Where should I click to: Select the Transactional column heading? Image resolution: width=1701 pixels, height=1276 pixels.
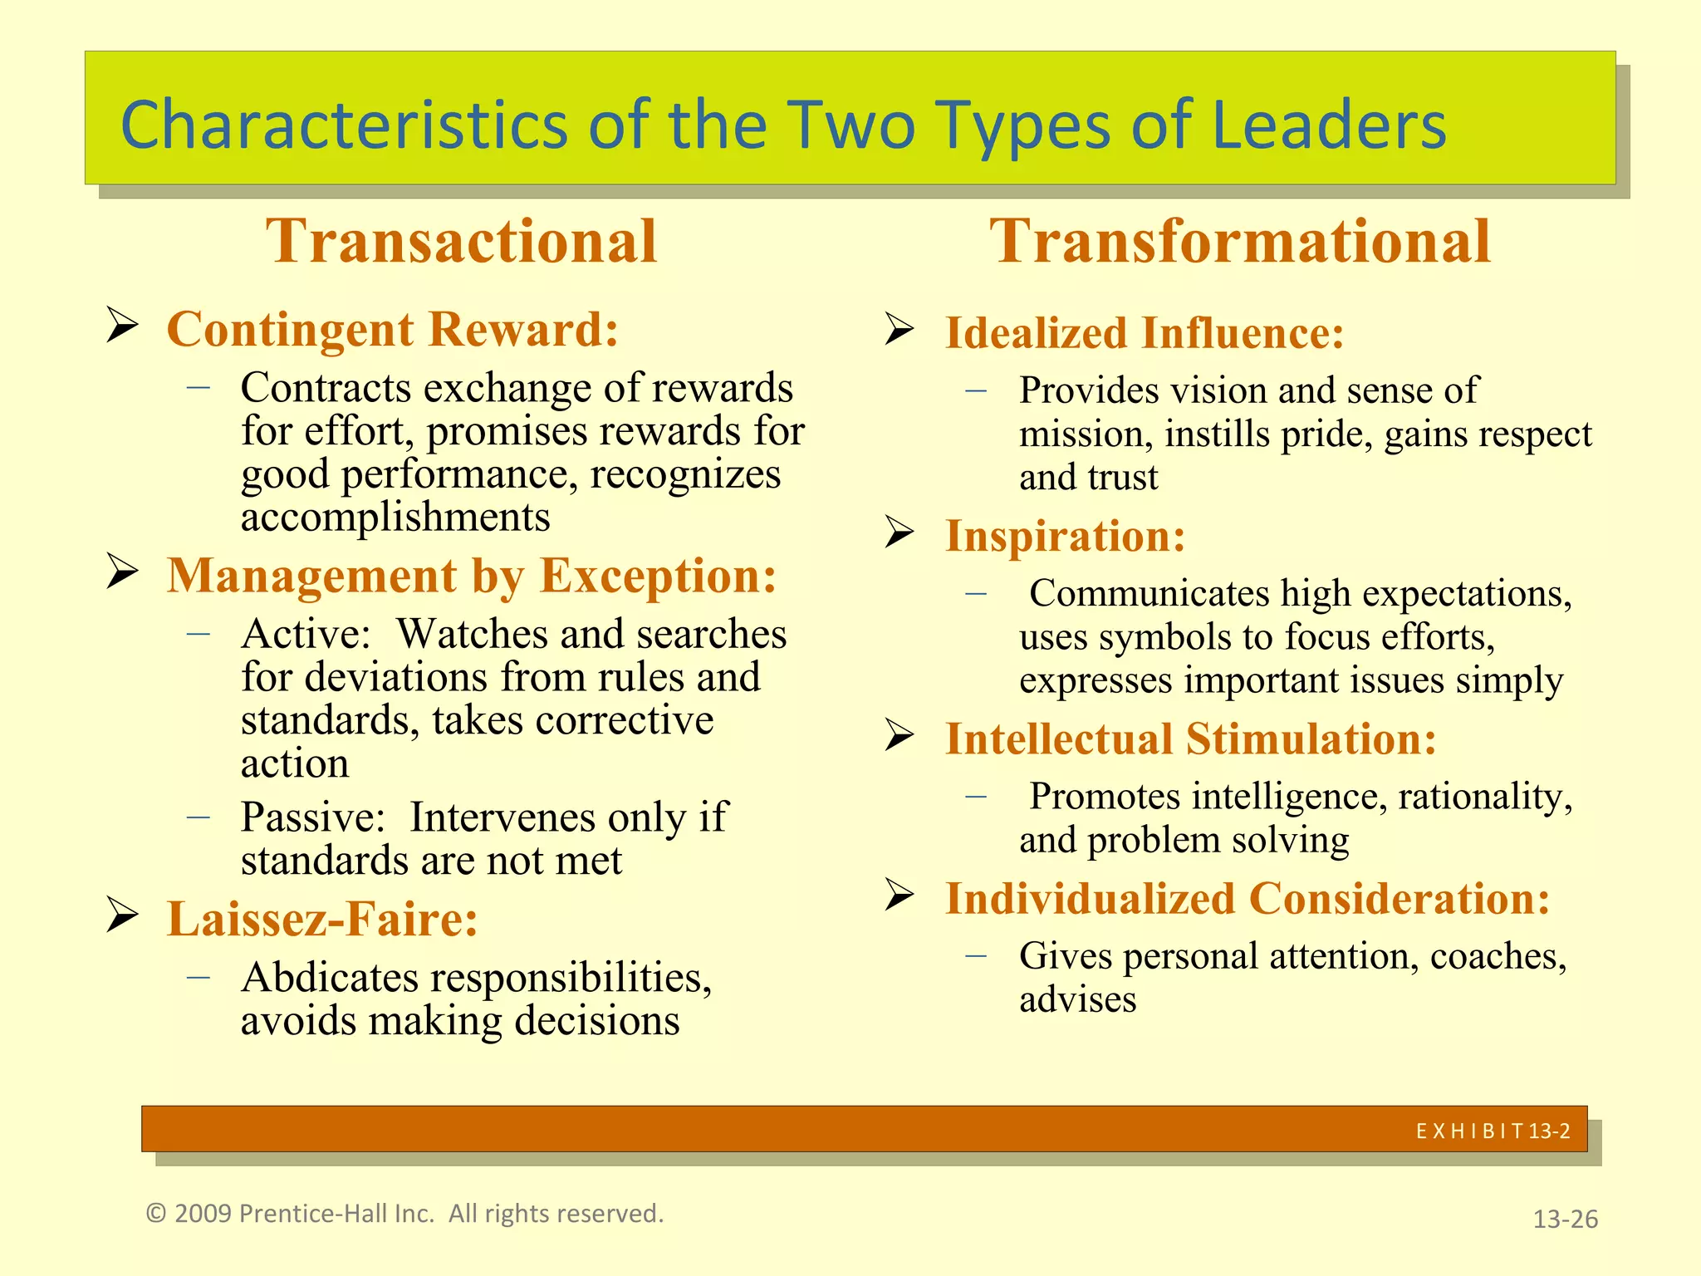[x=462, y=241]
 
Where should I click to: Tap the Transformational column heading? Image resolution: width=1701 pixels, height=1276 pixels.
[x=1240, y=241]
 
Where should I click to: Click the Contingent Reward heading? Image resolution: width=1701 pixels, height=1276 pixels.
[x=393, y=329]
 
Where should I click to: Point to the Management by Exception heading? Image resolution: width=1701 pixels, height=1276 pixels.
[x=472, y=575]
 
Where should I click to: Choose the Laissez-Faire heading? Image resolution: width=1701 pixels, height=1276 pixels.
[x=322, y=919]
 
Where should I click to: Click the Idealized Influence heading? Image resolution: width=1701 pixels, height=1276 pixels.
[x=1145, y=333]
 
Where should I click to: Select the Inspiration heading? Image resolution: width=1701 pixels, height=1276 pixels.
[x=1066, y=536]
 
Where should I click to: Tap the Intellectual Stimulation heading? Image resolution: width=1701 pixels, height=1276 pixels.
[x=1191, y=739]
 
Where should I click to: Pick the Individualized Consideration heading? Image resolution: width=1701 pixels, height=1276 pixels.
[x=1248, y=899]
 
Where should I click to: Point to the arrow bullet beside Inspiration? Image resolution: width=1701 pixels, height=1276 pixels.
[x=900, y=532]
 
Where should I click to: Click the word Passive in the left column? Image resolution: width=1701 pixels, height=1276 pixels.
[x=312, y=817]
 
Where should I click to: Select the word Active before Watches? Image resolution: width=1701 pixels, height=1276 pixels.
[x=305, y=635]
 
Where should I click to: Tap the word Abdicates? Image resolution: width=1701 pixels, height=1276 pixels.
[x=330, y=978]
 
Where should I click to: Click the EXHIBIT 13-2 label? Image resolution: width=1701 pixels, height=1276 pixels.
[x=1493, y=1131]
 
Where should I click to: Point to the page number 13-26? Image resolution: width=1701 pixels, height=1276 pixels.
[x=1565, y=1219]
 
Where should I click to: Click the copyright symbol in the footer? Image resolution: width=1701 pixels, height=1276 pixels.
[x=156, y=1214]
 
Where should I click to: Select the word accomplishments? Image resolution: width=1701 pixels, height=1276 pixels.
[x=395, y=518]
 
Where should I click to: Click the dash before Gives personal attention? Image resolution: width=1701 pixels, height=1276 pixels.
[x=976, y=956]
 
